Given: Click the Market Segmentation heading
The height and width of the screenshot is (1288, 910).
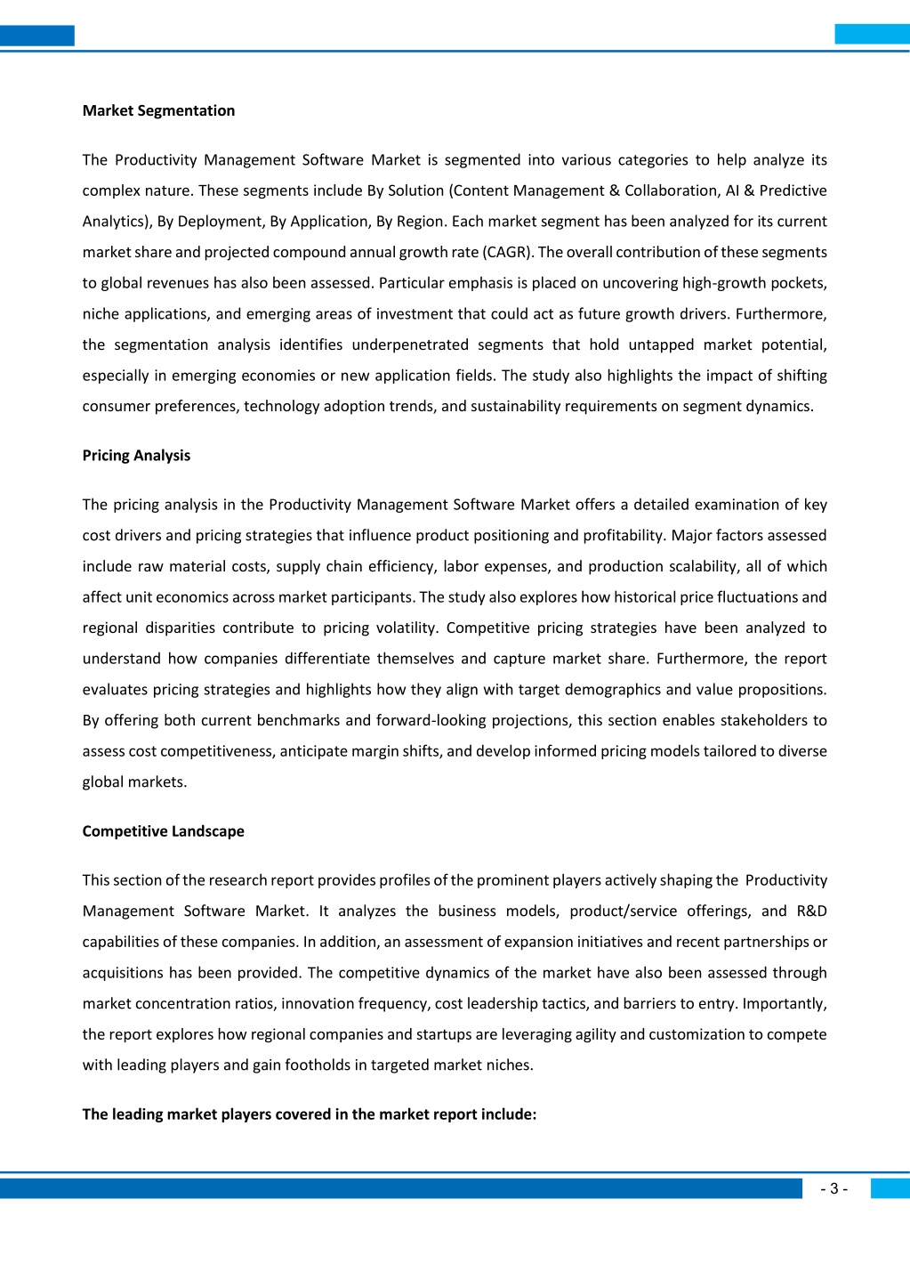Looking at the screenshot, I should click(158, 110).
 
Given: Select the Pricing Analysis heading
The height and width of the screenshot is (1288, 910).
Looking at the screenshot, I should click(136, 455).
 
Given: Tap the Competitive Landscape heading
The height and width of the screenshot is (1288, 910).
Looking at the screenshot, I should click(163, 830).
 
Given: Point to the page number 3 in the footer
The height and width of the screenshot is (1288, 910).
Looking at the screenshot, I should click(833, 1188).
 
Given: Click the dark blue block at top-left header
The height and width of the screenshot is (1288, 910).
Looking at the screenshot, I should click(36, 36).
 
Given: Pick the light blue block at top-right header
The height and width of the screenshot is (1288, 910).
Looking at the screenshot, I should click(872, 35).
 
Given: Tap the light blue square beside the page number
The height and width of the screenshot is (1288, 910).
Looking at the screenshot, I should click(890, 1188).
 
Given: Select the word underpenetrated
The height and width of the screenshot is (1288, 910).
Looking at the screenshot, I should click(410, 344).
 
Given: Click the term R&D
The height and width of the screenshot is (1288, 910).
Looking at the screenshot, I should click(811, 911).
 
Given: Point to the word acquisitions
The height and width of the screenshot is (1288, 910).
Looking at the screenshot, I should click(123, 973).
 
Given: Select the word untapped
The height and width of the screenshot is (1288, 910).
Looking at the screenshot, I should click(662, 344).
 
